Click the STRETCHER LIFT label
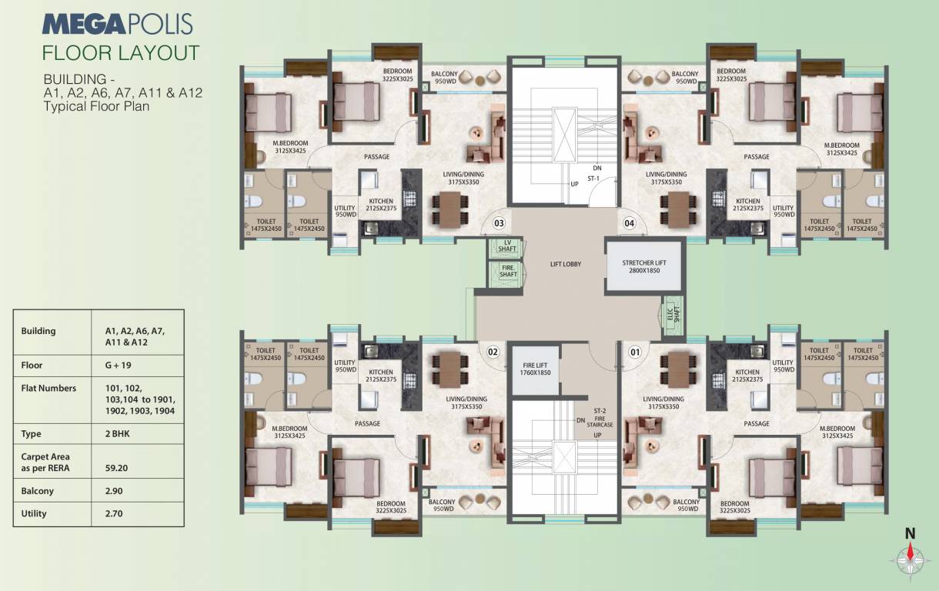[x=644, y=267]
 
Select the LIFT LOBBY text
[x=565, y=264]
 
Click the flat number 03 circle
[x=499, y=224]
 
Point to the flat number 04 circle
[x=630, y=224]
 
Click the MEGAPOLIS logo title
[x=117, y=25]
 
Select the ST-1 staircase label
[x=593, y=179]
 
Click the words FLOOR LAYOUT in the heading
[x=121, y=52]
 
